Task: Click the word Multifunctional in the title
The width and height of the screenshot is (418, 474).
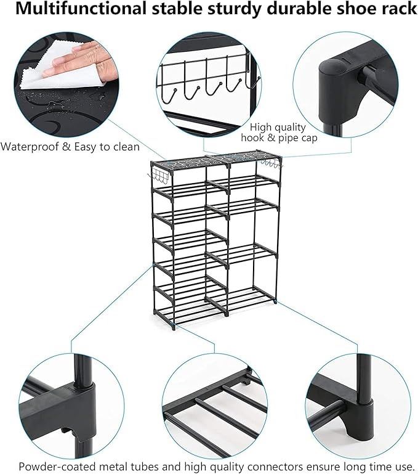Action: (x=81, y=9)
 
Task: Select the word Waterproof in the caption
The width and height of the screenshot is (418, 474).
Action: (x=30, y=147)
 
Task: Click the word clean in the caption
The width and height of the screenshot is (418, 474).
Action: (x=126, y=147)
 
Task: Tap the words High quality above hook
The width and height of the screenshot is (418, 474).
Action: (x=278, y=128)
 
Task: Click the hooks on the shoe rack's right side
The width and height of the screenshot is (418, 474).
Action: (x=271, y=164)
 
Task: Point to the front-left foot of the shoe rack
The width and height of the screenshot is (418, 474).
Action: (x=172, y=327)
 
